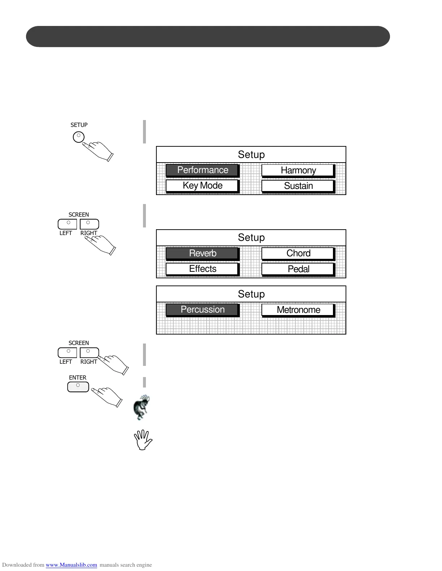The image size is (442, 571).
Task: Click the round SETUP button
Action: [79, 137]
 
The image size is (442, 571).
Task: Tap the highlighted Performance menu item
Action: [202, 170]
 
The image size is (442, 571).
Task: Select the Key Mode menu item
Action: [202, 186]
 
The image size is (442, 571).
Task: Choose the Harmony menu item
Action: [298, 171]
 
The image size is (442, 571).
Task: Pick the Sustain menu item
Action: [298, 186]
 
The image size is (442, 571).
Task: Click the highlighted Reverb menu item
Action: [202, 253]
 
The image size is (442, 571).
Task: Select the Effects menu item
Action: [202, 269]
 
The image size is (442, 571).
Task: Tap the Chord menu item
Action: [298, 253]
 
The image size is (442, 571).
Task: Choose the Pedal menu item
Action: [298, 269]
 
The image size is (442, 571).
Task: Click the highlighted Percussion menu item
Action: [202, 310]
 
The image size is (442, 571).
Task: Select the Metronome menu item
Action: [298, 310]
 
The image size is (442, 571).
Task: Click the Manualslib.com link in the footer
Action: [71, 565]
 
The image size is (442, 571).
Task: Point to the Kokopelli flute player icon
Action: [142, 407]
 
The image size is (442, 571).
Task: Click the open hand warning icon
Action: [143, 440]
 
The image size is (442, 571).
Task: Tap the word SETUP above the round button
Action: [79, 125]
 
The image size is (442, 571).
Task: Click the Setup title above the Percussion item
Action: [251, 294]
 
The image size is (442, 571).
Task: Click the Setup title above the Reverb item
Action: [251, 238]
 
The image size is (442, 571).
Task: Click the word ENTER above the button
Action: [78, 378]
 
